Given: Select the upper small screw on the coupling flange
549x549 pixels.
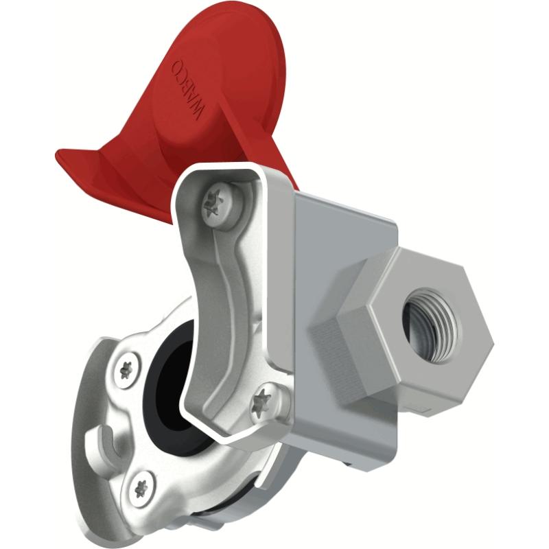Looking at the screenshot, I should pyautogui.click(x=126, y=369).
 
